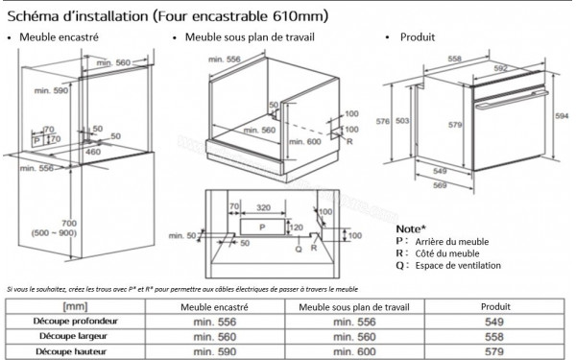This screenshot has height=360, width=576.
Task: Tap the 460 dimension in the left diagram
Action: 93,151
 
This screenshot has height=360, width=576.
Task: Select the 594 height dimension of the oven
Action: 564,115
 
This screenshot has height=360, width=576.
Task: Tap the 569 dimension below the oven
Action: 438,187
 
